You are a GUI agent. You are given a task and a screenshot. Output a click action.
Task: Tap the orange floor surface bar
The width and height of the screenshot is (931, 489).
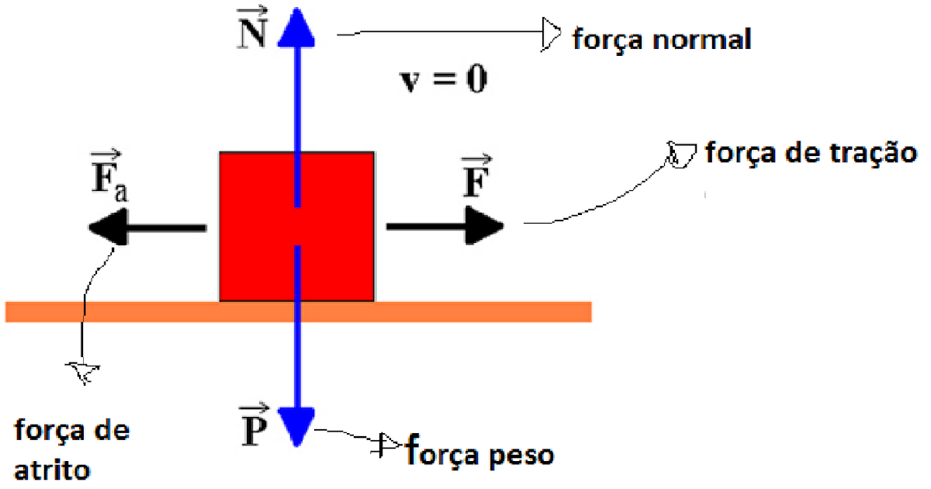[465, 311]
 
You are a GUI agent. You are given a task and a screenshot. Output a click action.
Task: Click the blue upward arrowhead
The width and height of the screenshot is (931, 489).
[296, 27]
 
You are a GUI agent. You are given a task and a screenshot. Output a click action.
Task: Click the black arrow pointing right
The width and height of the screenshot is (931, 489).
[445, 226]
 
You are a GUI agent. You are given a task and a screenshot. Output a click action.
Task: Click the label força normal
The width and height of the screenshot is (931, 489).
[662, 38]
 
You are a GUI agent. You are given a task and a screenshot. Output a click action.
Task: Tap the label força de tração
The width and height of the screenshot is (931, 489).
[811, 152]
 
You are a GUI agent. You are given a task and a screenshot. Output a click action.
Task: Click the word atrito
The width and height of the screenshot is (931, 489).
[53, 469]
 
